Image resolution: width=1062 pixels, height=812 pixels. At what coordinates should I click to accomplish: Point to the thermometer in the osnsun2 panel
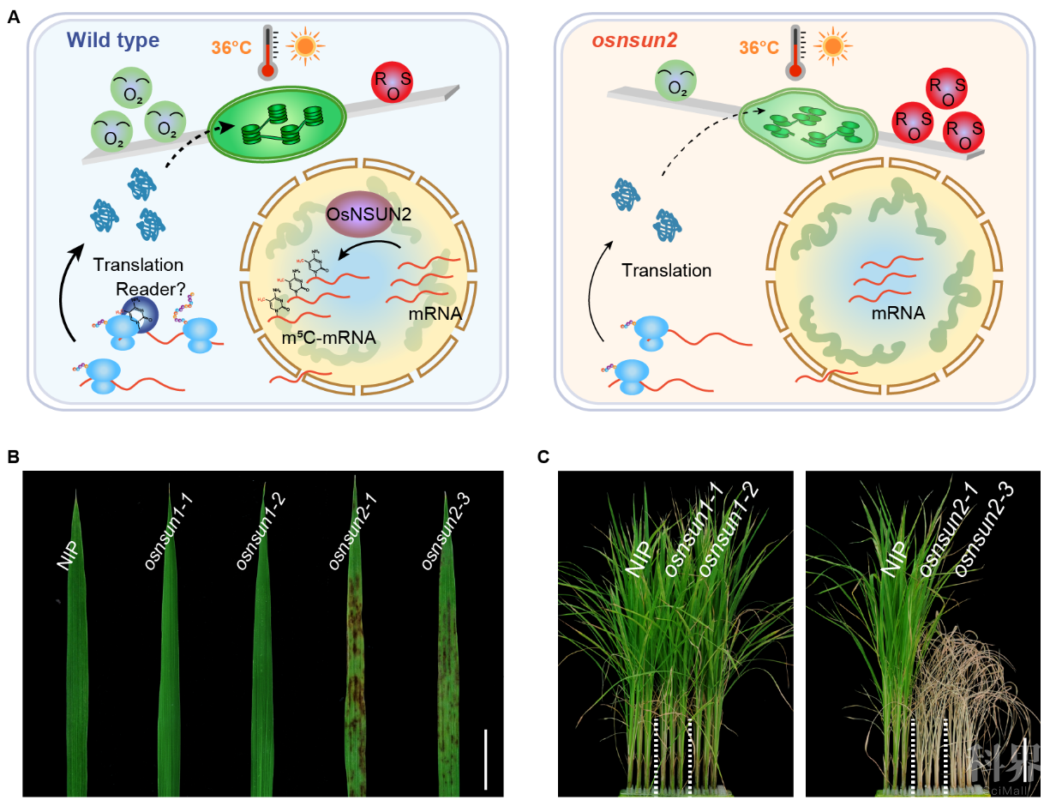(798, 50)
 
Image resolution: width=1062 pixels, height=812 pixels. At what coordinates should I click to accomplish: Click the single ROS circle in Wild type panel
(393, 84)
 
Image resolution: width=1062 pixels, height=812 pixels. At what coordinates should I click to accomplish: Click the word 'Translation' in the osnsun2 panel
(668, 271)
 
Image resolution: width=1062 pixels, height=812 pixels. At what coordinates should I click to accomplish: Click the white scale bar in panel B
(485, 758)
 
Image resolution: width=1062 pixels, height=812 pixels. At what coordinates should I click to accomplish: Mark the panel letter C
(543, 457)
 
